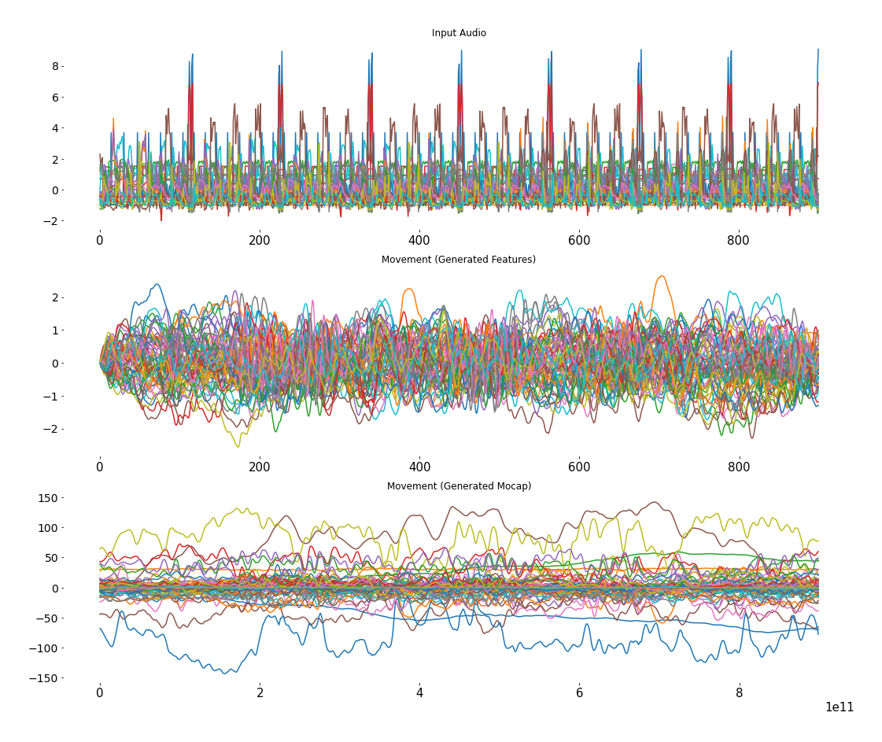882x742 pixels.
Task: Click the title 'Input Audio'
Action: (459, 33)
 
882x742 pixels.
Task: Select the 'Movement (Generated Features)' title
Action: (459, 260)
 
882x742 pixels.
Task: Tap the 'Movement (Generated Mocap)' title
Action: (459, 486)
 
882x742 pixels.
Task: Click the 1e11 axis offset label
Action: (840, 707)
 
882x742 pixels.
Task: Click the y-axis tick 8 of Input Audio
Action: (55, 66)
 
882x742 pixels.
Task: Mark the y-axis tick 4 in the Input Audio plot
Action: (55, 128)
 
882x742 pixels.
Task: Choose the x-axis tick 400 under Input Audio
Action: (419, 241)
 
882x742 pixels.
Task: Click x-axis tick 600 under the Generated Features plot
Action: (579, 467)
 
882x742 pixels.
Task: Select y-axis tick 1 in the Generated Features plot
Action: (55, 330)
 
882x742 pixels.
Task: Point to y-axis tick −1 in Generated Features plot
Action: (52, 397)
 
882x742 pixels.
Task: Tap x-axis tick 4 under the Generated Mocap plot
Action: (419, 693)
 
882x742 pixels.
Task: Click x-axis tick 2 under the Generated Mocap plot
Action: (260, 693)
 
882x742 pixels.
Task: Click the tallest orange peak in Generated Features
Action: (662, 276)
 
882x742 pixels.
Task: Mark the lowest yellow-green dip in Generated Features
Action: (237, 446)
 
